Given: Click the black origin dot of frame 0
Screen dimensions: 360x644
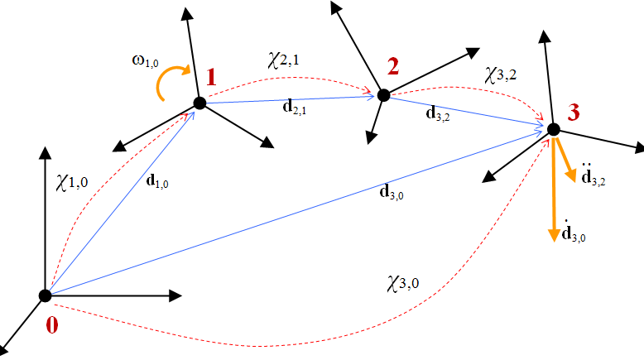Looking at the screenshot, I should point(46,295).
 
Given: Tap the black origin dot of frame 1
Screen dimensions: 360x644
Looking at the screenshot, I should point(199,103).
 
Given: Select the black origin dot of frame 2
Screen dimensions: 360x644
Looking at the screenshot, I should point(383,95).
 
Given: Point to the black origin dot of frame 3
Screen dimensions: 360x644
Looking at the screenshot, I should point(553,129).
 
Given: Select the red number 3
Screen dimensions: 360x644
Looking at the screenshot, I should point(575,110).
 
